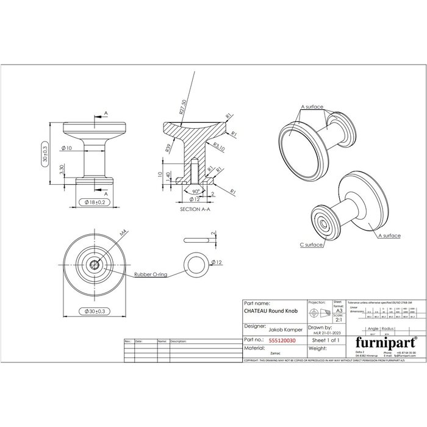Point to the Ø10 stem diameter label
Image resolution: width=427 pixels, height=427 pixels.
[67, 148]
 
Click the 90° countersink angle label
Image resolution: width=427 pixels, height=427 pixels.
[195, 190]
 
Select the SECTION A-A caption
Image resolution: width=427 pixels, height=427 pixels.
[195, 209]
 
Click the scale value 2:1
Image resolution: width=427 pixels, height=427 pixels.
[339, 319]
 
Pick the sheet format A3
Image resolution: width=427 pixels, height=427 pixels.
[339, 310]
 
